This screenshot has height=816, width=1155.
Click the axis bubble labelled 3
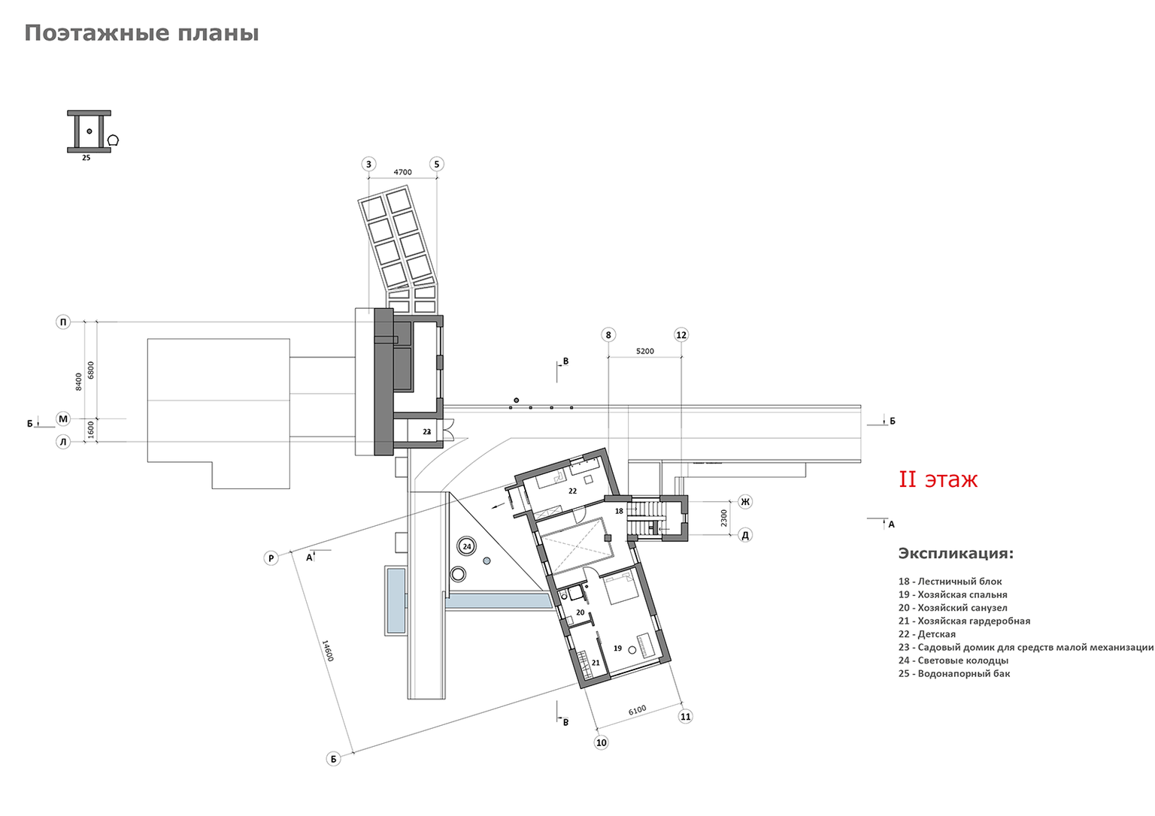tap(368, 165)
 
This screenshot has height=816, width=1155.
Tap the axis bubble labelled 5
tap(437, 165)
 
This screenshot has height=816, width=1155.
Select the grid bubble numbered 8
tap(608, 335)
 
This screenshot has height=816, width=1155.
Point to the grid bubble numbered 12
tap(681, 335)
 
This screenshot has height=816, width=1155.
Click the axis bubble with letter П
tap(63, 322)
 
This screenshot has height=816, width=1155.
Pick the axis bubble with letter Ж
tap(745, 501)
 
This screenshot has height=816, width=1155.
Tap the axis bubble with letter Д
tap(745, 535)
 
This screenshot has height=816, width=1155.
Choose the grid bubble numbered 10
tap(602, 742)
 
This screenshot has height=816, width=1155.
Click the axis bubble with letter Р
tap(271, 558)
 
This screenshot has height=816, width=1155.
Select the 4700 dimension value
tap(403, 172)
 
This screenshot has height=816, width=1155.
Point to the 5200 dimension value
tap(644, 351)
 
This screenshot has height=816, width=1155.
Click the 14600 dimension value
tap(328, 651)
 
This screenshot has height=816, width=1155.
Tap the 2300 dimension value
tap(724, 518)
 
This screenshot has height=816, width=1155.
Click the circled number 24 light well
tap(467, 546)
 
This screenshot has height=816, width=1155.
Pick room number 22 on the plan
tap(572, 491)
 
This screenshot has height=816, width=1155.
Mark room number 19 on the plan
tap(617, 648)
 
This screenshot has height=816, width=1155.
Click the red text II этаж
tap(938, 479)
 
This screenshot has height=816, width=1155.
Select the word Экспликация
tap(956, 553)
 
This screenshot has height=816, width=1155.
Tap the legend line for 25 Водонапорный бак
tap(954, 673)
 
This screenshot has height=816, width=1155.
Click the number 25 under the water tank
tap(86, 158)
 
